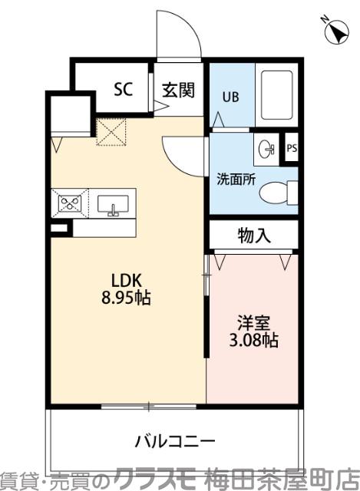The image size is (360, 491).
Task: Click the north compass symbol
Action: pyautogui.click(x=335, y=31)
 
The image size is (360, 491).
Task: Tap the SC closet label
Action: pyautogui.click(x=123, y=89)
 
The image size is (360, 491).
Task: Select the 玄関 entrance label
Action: pyautogui.click(x=177, y=89)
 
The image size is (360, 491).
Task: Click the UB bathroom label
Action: pyautogui.click(x=230, y=97)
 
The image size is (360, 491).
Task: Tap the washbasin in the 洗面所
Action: pyautogui.click(x=266, y=149)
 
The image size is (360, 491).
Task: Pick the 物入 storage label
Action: pyautogui.click(x=253, y=236)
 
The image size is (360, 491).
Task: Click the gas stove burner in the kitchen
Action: pyautogui.click(x=71, y=203)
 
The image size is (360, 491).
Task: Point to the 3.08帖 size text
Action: pyautogui.click(x=253, y=340)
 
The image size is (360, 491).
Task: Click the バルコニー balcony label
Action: pyautogui.click(x=175, y=442)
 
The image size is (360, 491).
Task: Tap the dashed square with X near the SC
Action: pyautogui.click(x=111, y=132)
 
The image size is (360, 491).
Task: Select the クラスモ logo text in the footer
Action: pyautogui.click(x=157, y=479)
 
